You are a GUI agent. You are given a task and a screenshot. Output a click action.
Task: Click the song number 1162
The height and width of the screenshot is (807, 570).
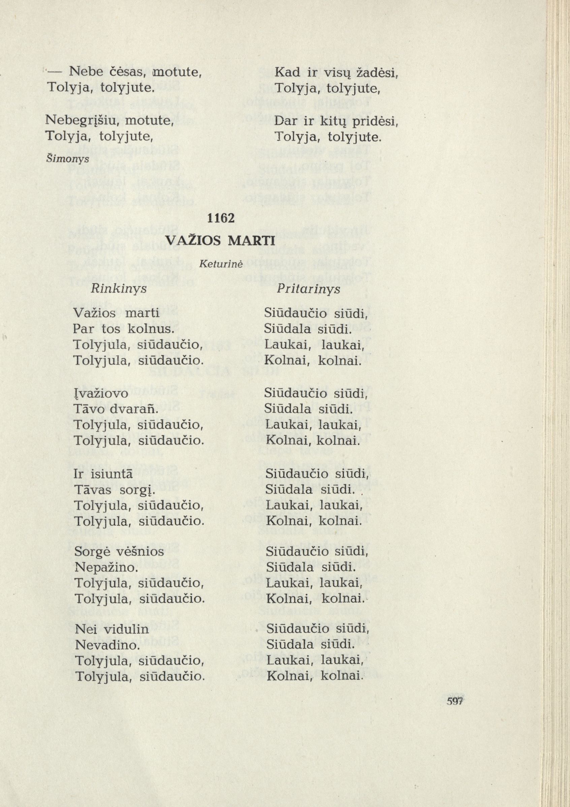tap(221, 218)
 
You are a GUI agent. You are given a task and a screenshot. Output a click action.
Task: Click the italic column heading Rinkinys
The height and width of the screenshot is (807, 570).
tap(118, 289)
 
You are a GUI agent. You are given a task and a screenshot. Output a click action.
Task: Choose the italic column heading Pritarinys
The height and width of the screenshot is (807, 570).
tap(308, 289)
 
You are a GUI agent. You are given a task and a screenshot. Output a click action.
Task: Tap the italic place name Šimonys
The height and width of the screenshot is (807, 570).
tap(68, 159)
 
